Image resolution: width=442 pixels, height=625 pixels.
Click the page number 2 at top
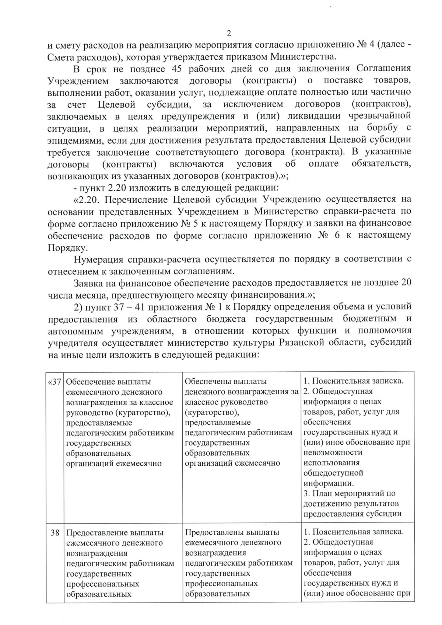coord(228,34)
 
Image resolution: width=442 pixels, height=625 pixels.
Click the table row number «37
coord(55,381)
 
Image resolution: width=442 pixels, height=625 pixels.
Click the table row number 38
coord(55,532)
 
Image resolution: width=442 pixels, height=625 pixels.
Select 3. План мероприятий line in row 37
coord(349,493)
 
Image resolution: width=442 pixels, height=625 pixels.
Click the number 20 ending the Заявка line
coord(406,283)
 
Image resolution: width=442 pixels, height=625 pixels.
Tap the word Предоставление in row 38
coord(94,532)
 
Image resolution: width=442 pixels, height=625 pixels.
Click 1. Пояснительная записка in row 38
coord(353,532)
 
